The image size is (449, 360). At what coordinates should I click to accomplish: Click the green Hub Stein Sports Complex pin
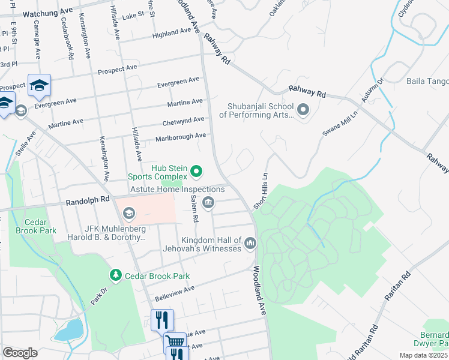click(196, 173)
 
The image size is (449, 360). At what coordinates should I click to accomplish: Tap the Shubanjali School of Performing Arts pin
click(303, 110)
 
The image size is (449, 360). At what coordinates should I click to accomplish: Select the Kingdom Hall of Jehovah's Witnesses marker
click(250, 243)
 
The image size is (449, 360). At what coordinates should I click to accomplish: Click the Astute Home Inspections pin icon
click(208, 203)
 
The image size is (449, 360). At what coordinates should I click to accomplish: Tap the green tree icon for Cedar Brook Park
click(115, 275)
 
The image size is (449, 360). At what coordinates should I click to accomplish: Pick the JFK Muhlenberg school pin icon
click(129, 214)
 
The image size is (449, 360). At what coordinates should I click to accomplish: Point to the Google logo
click(20, 352)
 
